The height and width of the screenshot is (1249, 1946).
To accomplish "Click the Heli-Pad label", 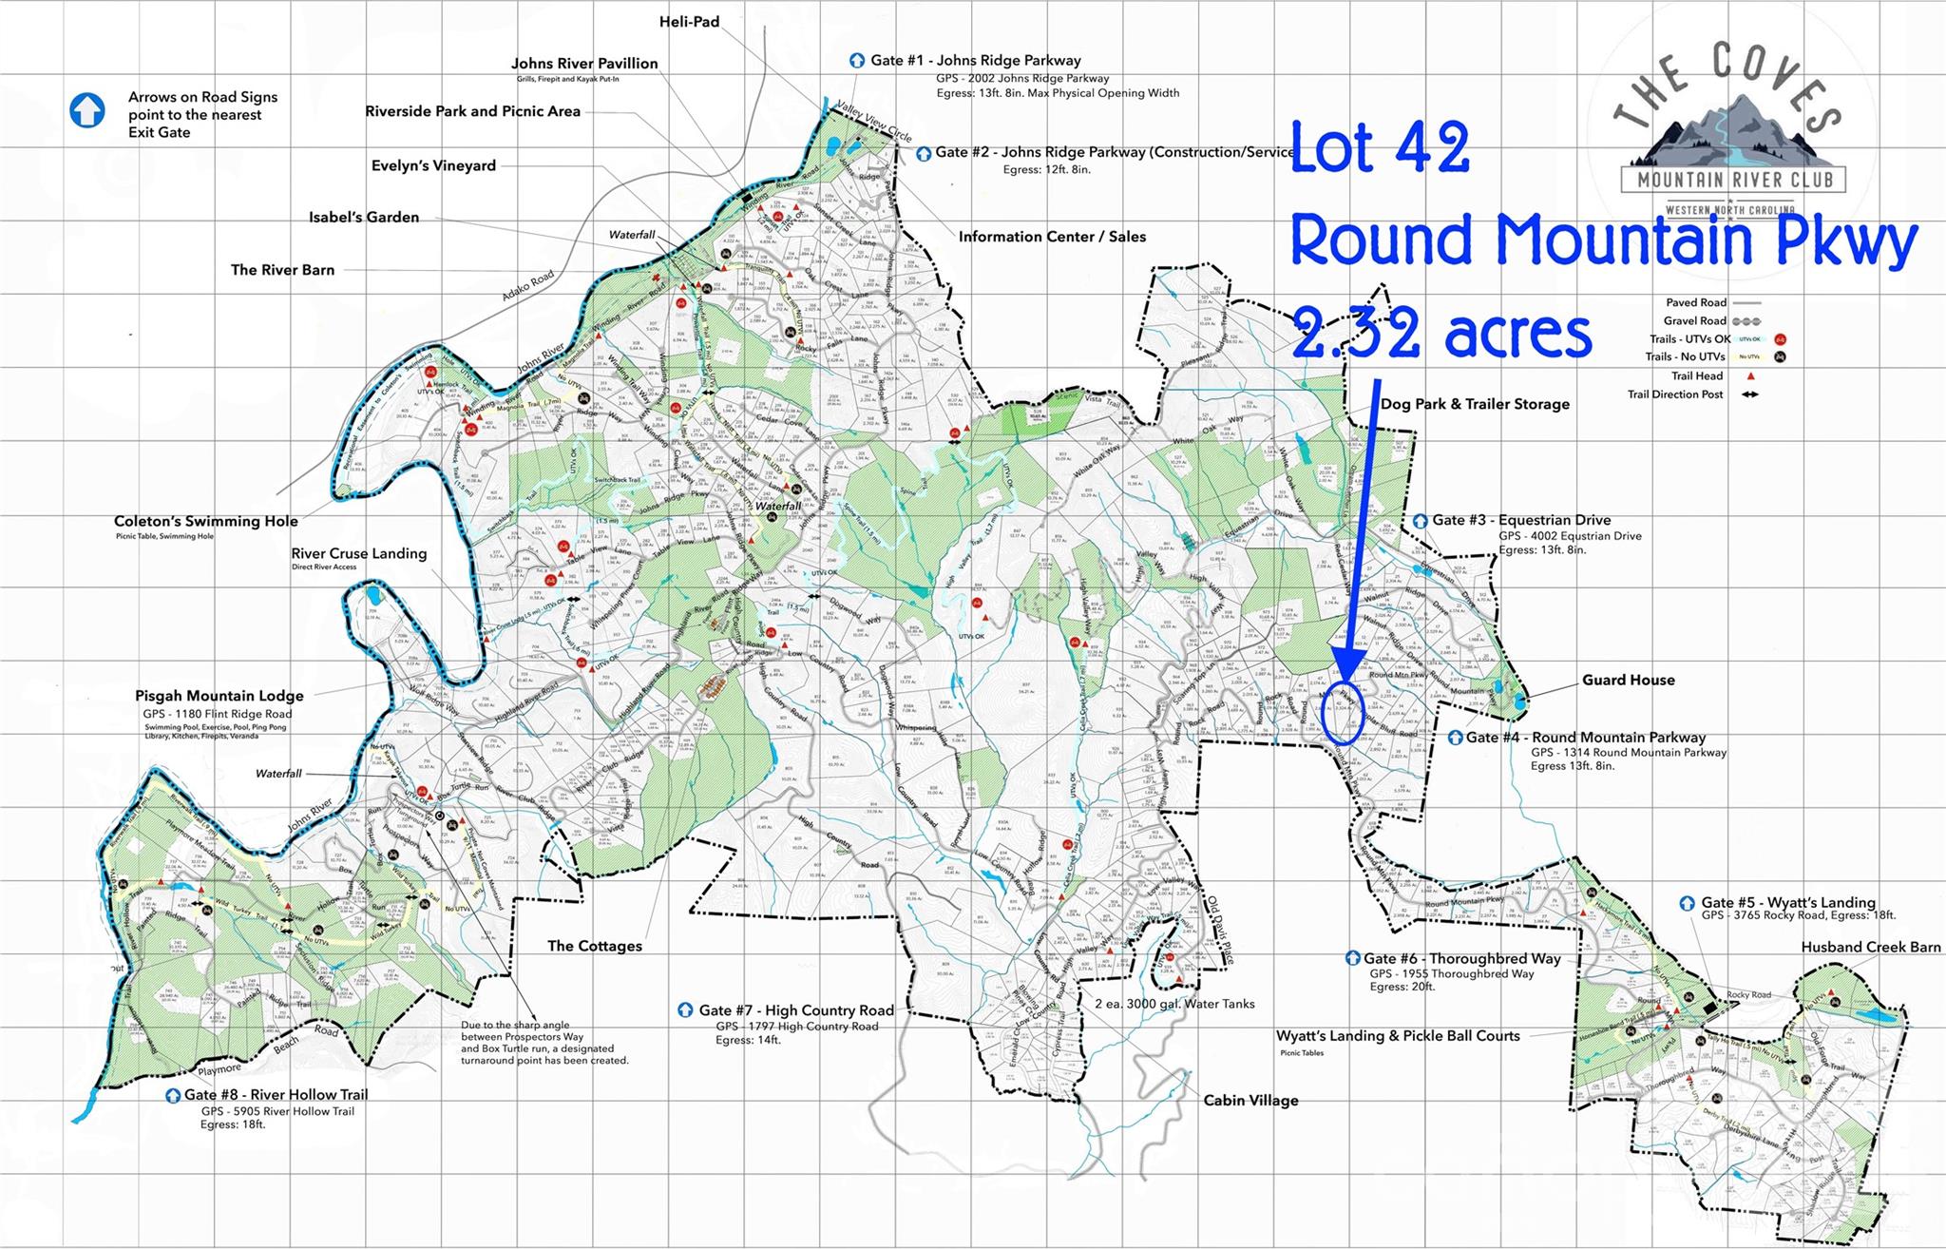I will tap(689, 21).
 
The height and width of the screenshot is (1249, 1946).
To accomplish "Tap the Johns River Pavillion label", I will tap(584, 64).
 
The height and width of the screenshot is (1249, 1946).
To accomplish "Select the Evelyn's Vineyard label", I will tap(433, 165).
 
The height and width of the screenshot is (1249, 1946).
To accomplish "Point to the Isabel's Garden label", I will tap(364, 217).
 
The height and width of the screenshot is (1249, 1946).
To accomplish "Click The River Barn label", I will tap(282, 270).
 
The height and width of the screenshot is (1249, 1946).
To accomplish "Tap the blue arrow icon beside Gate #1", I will tap(857, 60).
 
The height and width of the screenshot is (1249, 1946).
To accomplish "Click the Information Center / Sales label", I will tap(1052, 237).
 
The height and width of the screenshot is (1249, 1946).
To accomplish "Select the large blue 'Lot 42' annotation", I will tap(1380, 148).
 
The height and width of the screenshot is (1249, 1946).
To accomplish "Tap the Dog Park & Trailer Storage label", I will tap(1475, 404).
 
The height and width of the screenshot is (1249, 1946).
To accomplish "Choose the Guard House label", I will tap(1628, 680).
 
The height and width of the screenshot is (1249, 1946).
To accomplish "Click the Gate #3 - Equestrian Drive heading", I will tap(1521, 520).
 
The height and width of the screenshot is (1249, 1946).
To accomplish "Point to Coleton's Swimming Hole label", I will tap(206, 521).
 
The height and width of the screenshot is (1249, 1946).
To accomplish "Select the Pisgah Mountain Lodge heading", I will tap(219, 696).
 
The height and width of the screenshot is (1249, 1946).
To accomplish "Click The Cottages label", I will tap(595, 946).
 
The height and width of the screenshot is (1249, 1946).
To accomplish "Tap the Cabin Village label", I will tap(1250, 1100).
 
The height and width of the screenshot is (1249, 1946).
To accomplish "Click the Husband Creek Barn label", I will tap(1870, 947).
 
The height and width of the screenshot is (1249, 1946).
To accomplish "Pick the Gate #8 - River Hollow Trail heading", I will tap(276, 1094).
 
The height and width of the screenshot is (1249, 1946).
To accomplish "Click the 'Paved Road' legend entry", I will tap(1694, 302).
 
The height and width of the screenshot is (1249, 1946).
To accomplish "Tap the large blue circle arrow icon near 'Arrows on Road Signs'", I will tap(87, 110).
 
